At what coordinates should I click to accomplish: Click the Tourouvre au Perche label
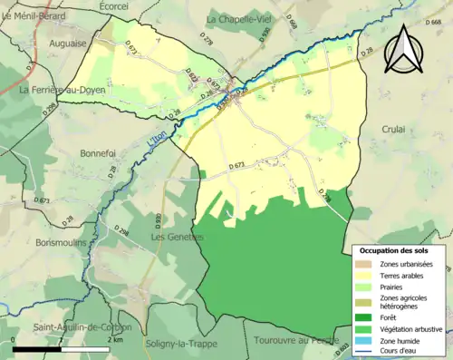click(x=292, y=340)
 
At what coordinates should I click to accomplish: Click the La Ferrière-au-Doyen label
click(x=59, y=90)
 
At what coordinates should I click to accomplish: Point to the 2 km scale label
click(x=115, y=339)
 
